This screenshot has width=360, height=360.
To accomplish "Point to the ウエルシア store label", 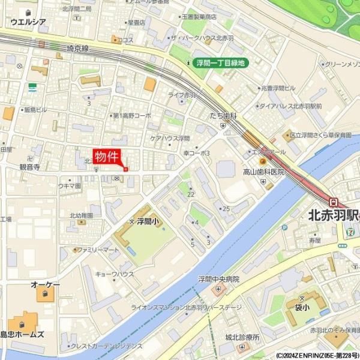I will point(28,22).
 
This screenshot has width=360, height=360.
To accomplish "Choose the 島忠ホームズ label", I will point(22,334).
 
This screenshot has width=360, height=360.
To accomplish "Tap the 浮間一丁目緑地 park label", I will point(221,62).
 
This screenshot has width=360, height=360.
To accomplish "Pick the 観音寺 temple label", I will point(29,167).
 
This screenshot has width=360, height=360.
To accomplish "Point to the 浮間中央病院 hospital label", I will point(218,279).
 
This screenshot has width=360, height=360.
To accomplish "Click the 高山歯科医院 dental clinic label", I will point(263,172).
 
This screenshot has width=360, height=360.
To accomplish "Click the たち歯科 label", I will point(223,115).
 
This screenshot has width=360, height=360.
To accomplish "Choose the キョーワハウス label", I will point(115,274).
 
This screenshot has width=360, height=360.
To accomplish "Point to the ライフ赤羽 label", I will point(182,95).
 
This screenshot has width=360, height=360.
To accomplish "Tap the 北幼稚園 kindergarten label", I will point(81,215).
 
